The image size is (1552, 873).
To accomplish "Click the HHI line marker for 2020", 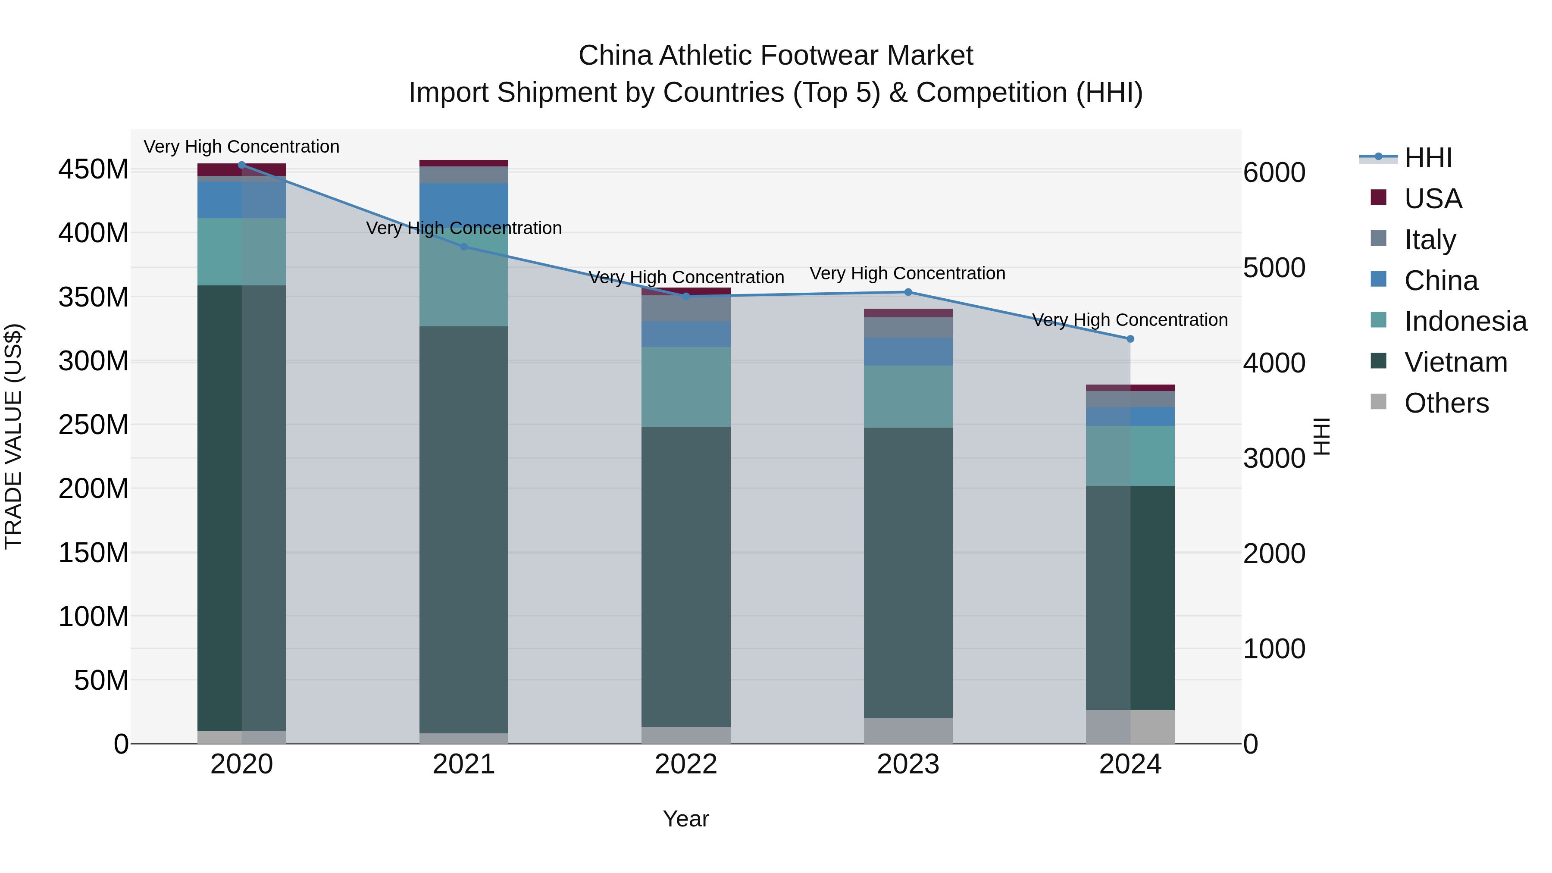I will click(x=241, y=165).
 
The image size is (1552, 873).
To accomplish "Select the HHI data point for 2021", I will click(x=464, y=247).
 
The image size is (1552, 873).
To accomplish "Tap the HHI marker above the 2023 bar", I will click(x=908, y=292).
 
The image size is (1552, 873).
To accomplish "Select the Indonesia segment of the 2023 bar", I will click(x=908, y=397).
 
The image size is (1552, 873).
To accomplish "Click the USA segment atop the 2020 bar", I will click(x=241, y=169).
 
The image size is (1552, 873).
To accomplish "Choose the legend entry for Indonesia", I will click(x=1465, y=321).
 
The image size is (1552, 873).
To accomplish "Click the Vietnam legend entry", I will click(x=1455, y=362).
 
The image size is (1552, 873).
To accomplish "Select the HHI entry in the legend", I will click(x=1428, y=158).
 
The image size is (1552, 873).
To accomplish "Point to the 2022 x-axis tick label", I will click(x=685, y=764).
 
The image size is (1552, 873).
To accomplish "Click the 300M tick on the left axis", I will click(x=94, y=361).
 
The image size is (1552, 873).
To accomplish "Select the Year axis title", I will click(x=685, y=819).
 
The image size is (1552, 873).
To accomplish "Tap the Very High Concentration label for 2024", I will click(x=1130, y=320).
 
